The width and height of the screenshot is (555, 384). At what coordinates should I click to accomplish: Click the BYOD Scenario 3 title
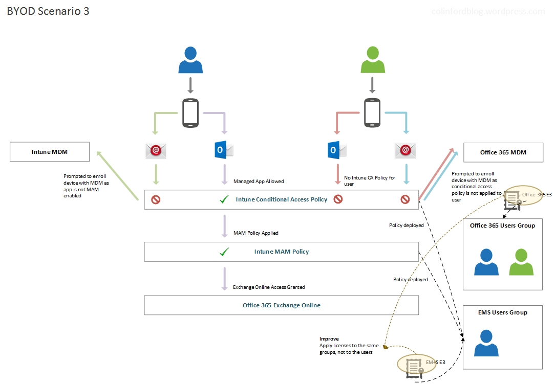(x=48, y=11)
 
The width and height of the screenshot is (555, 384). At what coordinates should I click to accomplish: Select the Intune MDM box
(x=50, y=152)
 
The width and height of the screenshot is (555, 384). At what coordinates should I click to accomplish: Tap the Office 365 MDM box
(x=503, y=152)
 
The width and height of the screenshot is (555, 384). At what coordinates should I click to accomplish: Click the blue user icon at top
(x=190, y=60)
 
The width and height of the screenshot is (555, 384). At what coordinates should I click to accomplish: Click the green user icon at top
(x=373, y=60)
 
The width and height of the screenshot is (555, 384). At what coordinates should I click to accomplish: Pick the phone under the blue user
(x=190, y=112)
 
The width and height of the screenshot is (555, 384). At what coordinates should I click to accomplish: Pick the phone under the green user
(x=372, y=112)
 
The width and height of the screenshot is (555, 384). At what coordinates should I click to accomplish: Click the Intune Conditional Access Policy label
(x=281, y=199)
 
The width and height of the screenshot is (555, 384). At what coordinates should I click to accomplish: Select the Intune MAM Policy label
(x=281, y=252)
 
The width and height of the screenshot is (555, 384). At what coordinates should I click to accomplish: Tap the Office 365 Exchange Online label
(x=281, y=305)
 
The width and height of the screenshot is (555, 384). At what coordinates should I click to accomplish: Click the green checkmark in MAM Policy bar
(x=224, y=252)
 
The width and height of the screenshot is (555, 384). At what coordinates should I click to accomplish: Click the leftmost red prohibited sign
(x=156, y=199)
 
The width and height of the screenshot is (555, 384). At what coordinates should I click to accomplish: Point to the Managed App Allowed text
(x=259, y=181)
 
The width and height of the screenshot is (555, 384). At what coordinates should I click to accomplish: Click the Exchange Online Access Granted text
(x=269, y=287)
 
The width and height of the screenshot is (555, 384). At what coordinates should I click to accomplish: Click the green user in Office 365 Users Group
(x=521, y=262)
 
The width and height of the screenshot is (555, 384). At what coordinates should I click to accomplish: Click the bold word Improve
(x=329, y=339)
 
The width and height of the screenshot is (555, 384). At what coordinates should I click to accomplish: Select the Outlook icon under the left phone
(x=224, y=150)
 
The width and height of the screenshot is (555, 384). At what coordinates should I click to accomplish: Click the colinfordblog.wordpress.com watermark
(x=488, y=11)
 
